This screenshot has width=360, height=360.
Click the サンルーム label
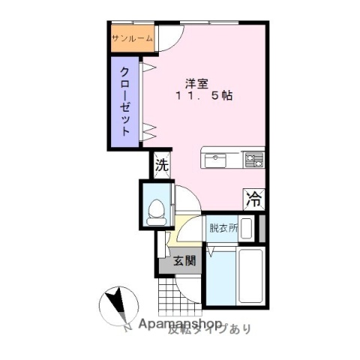pos(132,38)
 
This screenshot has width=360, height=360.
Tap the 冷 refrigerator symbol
pos(254,199)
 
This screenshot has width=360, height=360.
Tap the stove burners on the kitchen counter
pos(253,159)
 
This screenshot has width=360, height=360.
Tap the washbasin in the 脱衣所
pos(246,228)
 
